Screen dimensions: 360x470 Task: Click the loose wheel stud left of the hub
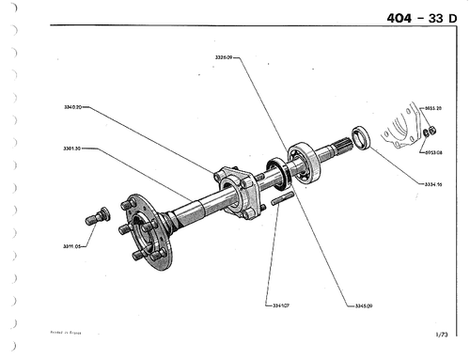(x=96, y=218)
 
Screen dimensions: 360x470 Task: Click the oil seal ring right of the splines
(x=360, y=136)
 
